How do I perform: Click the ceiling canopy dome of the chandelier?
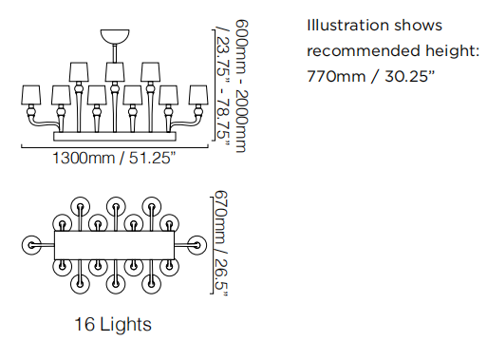point(115,36)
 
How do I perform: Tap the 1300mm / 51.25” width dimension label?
point(114,158)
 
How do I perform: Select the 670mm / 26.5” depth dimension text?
point(221,243)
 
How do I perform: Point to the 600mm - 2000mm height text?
point(241,86)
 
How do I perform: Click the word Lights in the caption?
point(125,325)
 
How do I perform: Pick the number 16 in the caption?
point(84,324)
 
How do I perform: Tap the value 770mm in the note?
point(336,76)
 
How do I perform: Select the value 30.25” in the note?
point(410,76)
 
